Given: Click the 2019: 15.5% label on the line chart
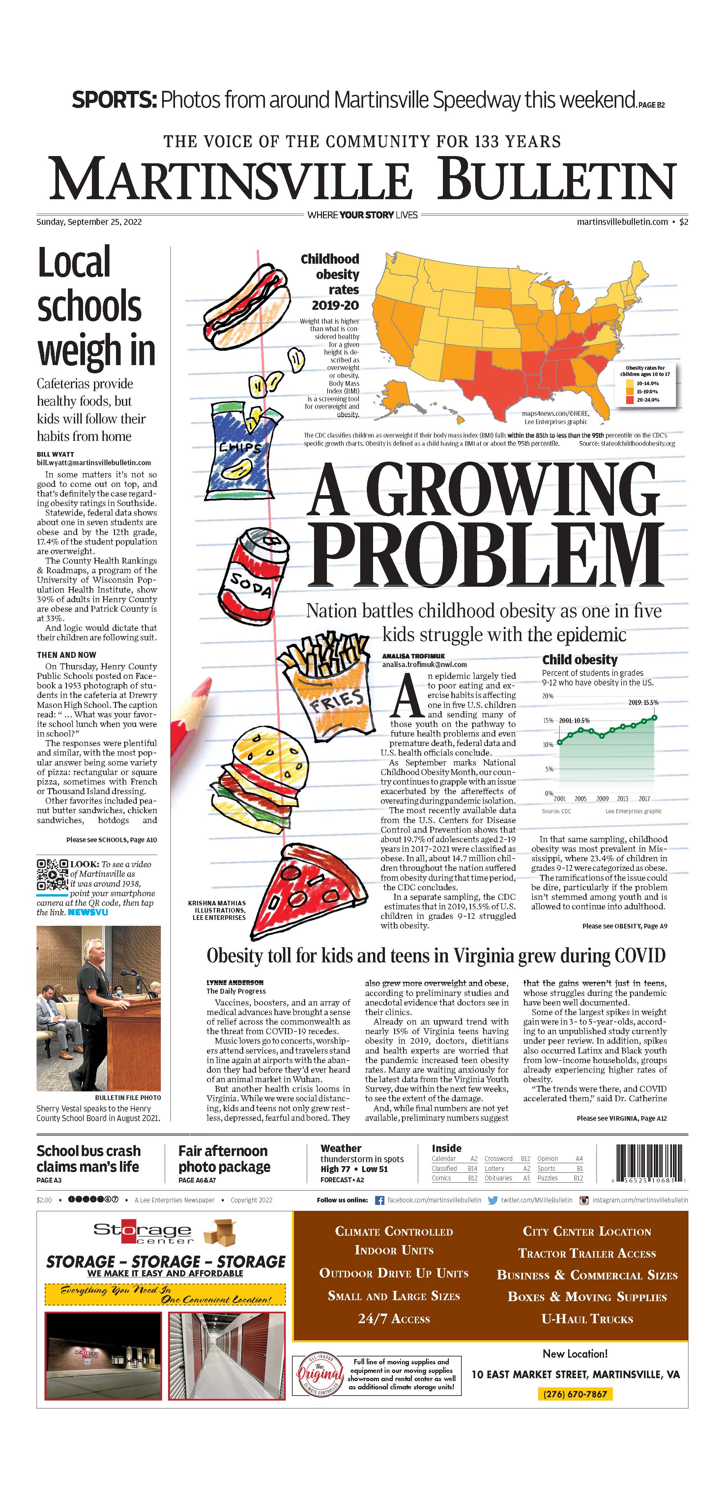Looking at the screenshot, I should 643,703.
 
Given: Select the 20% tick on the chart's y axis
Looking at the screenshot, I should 547,696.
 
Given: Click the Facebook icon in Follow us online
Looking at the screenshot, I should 379,1200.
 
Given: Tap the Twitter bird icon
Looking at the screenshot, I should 492,1200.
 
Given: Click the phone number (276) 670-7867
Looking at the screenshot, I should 574,1394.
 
